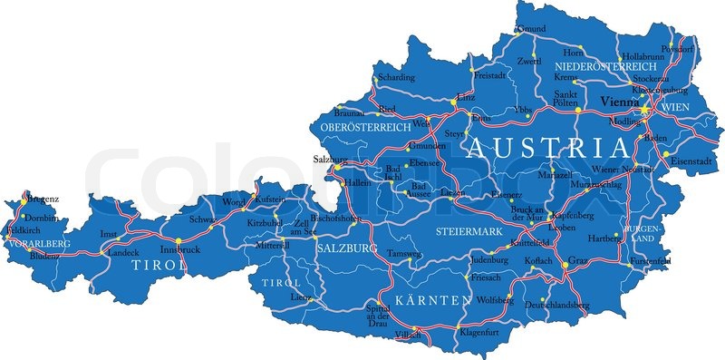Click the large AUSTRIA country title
coord(547,148)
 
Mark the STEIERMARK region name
coord(469,232)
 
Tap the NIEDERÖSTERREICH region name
coord(605,66)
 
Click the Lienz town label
coord(301,297)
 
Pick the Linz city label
coord(466,95)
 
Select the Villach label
coord(409,335)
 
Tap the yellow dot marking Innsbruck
coord(179,240)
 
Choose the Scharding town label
coord(397,78)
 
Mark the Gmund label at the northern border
coord(531,29)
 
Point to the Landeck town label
coord(123,252)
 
